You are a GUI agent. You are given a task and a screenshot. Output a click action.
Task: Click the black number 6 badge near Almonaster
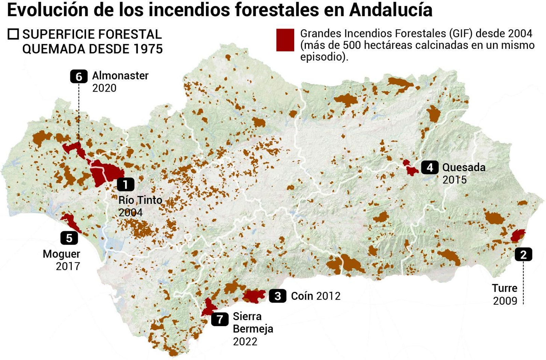click(x=78, y=77)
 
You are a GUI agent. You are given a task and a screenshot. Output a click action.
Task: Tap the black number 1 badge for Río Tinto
click(x=126, y=184)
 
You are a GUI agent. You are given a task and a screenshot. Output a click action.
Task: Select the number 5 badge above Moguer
click(x=69, y=238)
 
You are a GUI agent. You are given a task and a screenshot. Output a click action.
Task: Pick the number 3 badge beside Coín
click(x=278, y=296)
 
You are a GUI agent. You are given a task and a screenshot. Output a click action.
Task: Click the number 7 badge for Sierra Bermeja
click(x=220, y=319)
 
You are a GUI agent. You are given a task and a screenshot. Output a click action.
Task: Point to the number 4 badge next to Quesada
click(x=430, y=167)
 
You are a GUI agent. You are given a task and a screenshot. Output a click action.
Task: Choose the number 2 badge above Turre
click(x=523, y=254)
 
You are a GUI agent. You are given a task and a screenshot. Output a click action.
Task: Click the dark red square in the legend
click(x=285, y=40)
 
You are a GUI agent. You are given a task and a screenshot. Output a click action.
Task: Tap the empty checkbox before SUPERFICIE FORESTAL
click(x=13, y=34)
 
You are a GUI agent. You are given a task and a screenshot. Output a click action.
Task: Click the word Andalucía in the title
click(x=391, y=10)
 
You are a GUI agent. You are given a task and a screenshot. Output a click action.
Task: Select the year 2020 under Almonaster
click(x=104, y=88)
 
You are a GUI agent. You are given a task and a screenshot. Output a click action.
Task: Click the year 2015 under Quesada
click(x=454, y=180)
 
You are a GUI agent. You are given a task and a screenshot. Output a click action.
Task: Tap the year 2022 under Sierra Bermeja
click(x=245, y=342)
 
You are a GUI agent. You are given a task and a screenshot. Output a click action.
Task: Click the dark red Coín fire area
click(x=254, y=296)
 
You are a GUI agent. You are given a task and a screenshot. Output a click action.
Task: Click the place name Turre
click(x=504, y=288)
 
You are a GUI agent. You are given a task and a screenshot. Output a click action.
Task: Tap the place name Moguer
click(x=61, y=254)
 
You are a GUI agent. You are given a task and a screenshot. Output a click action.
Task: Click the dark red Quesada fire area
click(x=410, y=168)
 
